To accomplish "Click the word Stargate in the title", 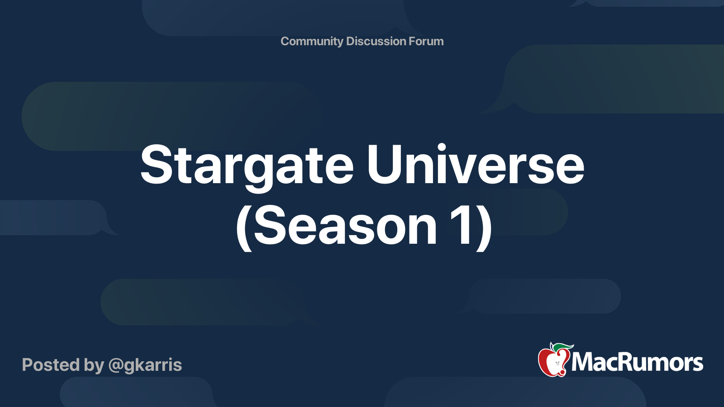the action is [x=247, y=167].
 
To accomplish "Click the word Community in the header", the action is [x=312, y=41].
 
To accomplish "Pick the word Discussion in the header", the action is [x=376, y=41].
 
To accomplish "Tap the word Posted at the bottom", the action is [x=51, y=364].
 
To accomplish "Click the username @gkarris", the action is [x=145, y=365].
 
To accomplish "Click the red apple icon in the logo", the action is [x=553, y=362].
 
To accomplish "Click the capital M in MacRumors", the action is [x=584, y=362].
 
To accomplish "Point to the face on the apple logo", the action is [x=557, y=364].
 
